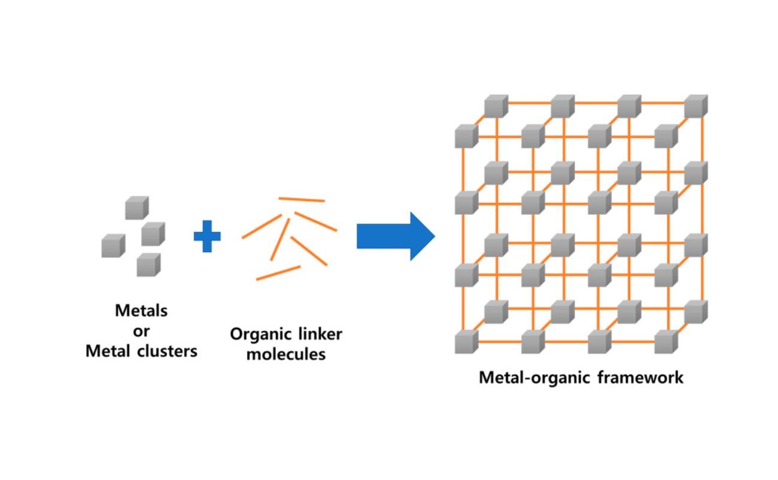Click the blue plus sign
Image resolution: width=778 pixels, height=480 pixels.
(x=207, y=237)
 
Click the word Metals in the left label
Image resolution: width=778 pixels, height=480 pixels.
(x=141, y=311)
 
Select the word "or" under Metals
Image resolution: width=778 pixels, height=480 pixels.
(x=141, y=330)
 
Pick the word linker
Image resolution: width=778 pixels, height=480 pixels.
(x=321, y=333)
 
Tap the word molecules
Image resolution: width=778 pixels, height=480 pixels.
(x=286, y=354)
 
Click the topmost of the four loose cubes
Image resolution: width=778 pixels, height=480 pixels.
(x=136, y=207)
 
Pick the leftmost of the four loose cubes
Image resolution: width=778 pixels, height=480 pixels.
(x=113, y=245)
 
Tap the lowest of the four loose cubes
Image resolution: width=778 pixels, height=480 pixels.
(x=148, y=264)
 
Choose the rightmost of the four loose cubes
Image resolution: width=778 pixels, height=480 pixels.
(x=153, y=233)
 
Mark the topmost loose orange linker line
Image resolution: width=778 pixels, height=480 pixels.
(x=302, y=199)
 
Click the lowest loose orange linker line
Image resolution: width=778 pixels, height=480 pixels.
(x=278, y=273)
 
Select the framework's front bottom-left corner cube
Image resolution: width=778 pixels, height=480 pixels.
(x=466, y=342)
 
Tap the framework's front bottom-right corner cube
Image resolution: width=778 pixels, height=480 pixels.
(x=665, y=342)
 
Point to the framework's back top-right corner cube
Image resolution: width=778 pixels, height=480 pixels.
(x=696, y=107)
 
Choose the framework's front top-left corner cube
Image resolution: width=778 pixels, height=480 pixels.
(x=466, y=136)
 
